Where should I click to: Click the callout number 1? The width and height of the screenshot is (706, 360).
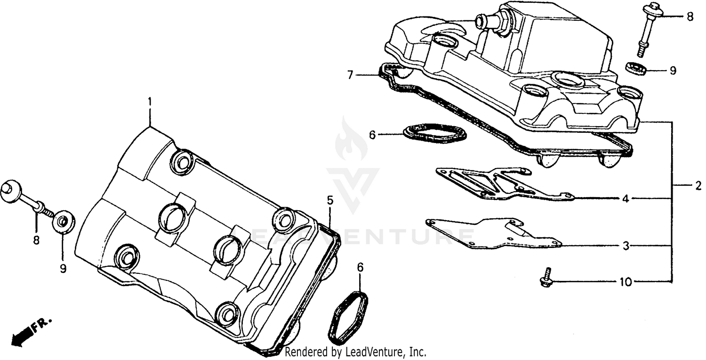coord(150,101)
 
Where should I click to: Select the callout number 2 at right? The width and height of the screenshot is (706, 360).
coord(698,186)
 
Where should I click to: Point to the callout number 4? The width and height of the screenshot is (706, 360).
coord(626,199)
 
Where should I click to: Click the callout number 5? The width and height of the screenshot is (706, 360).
coord(330,200)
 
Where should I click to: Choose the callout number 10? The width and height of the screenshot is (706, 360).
coord(626,282)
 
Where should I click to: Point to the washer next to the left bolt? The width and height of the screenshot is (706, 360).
coord(62,221)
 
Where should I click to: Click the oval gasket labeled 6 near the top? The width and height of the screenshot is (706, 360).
coord(434,132)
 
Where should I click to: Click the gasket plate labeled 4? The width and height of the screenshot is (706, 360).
coord(499,183)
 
